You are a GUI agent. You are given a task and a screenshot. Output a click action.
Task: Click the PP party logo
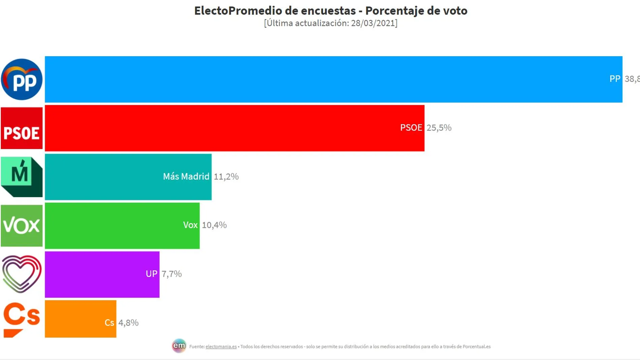point(22,79)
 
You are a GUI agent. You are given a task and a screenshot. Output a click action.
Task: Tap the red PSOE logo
point(22,128)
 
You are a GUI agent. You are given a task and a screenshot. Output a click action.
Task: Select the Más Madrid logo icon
point(22,177)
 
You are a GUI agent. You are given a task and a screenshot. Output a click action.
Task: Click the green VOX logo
point(22,226)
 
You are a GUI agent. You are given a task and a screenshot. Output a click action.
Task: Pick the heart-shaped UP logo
point(22,274)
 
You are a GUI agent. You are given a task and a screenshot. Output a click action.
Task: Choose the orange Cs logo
point(22,319)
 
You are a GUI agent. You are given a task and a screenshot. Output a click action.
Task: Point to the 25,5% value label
point(439,128)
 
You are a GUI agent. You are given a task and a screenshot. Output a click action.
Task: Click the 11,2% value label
point(226,176)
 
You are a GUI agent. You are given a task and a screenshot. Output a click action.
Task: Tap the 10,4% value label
point(214,225)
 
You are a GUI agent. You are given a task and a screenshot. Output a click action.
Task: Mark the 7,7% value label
point(171,274)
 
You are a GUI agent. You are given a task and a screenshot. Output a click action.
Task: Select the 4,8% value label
point(128,323)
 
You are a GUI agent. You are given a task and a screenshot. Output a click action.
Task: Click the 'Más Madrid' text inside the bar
point(186,176)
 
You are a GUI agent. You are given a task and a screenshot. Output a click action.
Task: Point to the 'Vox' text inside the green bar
point(190,225)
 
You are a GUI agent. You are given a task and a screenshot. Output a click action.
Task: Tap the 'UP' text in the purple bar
point(151,274)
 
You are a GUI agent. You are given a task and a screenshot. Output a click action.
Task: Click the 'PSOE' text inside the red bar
point(411,128)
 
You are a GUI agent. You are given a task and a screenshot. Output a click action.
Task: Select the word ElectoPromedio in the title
point(238,11)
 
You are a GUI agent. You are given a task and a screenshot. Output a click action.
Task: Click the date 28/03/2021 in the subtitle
point(373,23)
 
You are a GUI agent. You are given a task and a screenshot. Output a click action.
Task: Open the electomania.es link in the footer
point(221,347)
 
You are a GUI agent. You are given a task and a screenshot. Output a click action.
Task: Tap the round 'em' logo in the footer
point(179,346)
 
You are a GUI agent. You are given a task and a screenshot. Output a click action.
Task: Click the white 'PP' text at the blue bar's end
point(614,79)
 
